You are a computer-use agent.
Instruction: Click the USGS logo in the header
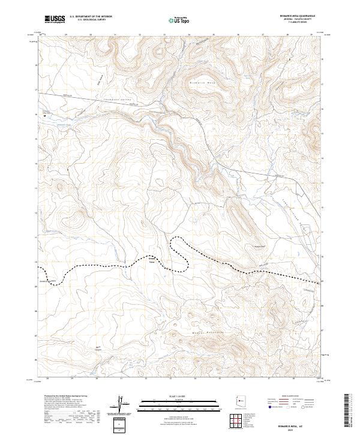coord(55,20)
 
